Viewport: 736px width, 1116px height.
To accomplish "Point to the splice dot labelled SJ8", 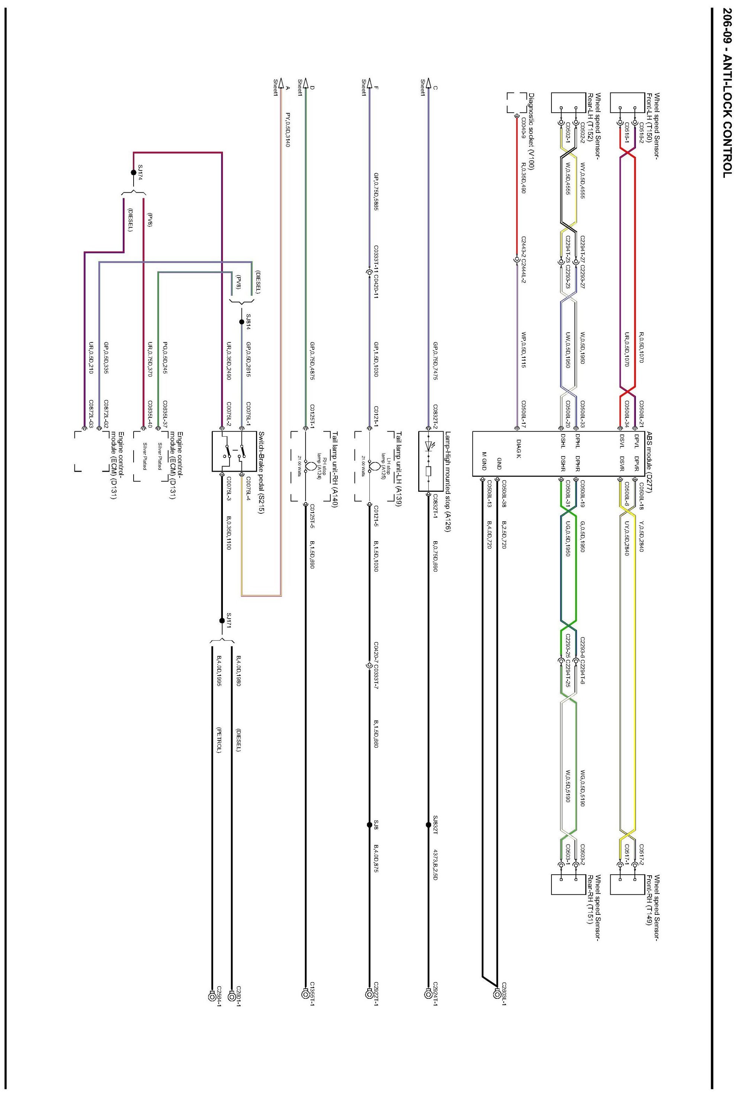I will coord(369,825).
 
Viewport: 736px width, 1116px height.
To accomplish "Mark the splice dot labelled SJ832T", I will coord(428,825).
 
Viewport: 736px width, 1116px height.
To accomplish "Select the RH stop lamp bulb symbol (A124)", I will coord(310,467).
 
